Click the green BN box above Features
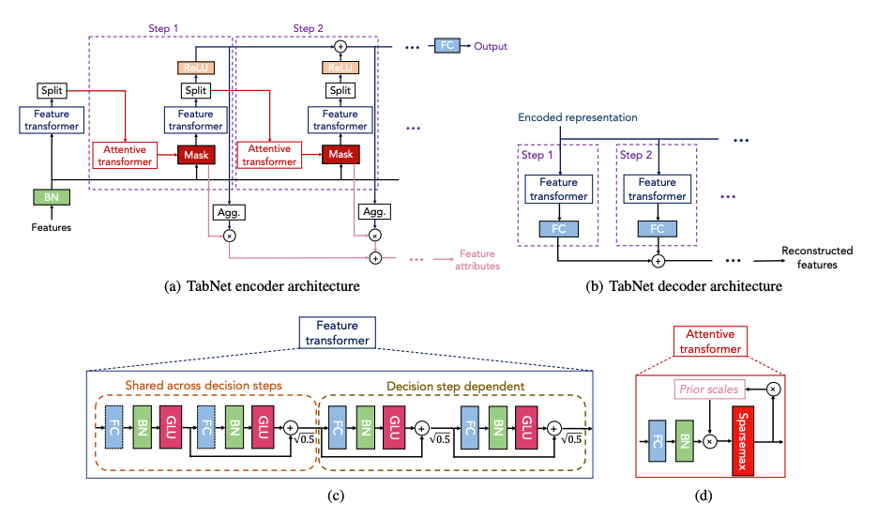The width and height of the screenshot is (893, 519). [52, 197]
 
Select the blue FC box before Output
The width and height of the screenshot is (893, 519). [447, 46]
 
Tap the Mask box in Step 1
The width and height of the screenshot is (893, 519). [196, 155]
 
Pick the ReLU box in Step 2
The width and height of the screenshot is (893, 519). [340, 68]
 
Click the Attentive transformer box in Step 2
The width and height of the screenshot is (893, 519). [269, 155]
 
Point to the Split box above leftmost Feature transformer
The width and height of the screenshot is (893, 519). [52, 91]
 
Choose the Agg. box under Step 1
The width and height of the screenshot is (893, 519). [229, 212]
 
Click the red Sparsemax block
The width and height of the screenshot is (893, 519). [743, 441]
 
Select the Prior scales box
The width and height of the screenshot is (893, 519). [709, 389]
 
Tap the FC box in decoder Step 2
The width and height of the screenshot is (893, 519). [658, 229]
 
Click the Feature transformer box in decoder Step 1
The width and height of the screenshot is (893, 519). [559, 190]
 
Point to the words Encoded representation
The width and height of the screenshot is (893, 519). [578, 117]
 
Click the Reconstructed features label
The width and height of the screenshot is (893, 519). [817, 257]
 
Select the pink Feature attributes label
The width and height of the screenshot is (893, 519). [477, 260]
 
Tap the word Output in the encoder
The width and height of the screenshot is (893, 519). [491, 46]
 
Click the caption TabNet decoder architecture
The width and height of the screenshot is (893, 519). [695, 286]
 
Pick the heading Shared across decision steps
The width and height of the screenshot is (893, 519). [204, 386]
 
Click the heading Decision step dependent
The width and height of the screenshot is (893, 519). [456, 387]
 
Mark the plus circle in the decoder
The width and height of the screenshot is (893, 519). [658, 261]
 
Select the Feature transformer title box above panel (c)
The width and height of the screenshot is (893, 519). [337, 333]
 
